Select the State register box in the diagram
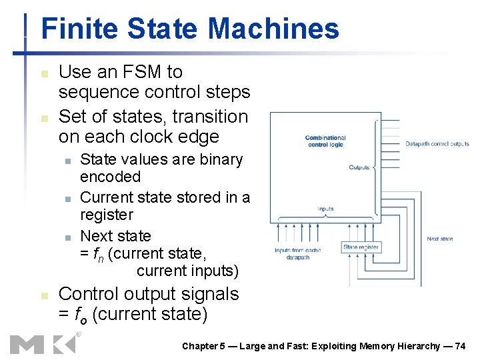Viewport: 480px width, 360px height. coord(361,247)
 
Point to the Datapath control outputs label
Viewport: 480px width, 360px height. coord(437,143)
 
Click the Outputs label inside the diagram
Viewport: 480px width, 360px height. coord(359,167)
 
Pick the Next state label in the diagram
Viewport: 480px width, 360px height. coord(440,239)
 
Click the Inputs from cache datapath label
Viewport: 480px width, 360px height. coord(298,253)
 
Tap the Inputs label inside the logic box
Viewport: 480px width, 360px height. coord(325,209)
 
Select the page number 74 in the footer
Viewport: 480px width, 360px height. coord(459,346)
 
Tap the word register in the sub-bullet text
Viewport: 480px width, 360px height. coord(107,215)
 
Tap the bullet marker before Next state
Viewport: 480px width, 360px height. coord(68,237)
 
